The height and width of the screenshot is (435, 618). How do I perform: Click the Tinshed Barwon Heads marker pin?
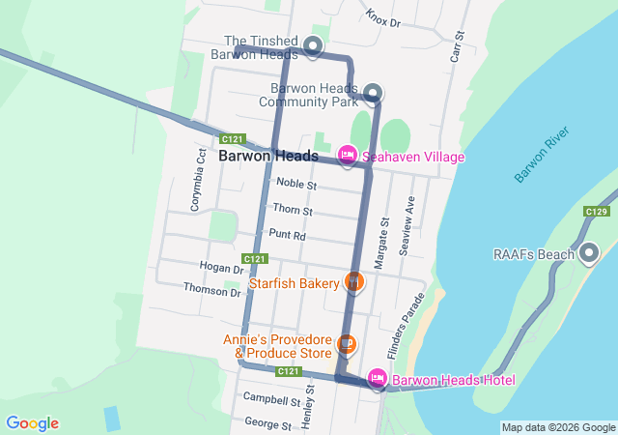[x=312, y=45]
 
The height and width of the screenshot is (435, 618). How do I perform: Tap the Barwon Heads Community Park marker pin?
[x=373, y=93]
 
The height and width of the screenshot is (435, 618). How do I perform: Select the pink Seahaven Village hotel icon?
[x=347, y=156]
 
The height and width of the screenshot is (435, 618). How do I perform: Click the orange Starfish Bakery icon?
[x=354, y=282]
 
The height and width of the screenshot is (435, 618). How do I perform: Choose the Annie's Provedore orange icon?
[x=348, y=344]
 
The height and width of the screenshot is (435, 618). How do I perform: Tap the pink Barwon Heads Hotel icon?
[x=378, y=379]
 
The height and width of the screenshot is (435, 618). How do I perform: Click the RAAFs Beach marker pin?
[x=589, y=254]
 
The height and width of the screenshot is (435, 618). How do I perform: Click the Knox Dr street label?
[x=383, y=16]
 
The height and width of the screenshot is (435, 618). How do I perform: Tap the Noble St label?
[x=295, y=183]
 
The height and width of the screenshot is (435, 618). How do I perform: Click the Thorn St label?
[x=293, y=209]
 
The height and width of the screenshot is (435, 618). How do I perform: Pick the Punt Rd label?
[x=288, y=234]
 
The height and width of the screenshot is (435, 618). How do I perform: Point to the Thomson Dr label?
[x=211, y=289]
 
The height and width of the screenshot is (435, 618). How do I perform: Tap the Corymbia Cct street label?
[x=198, y=179]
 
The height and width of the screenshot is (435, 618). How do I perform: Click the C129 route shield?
[x=596, y=211]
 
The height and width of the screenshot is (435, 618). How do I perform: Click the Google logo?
[x=32, y=423]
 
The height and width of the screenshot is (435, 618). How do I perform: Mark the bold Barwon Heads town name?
[x=263, y=155]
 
